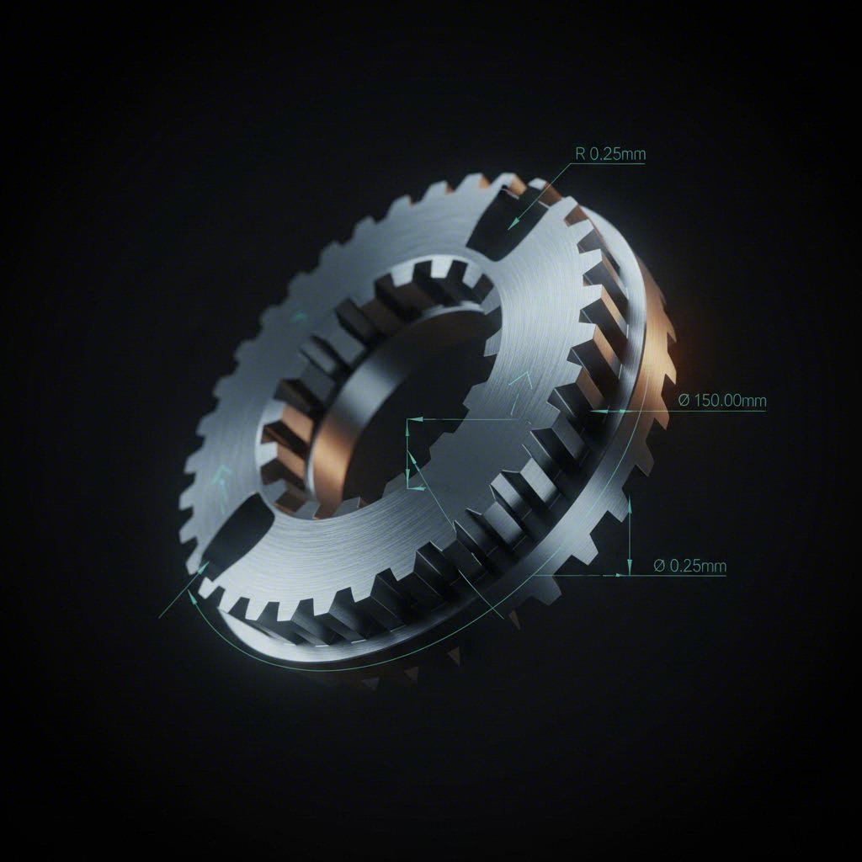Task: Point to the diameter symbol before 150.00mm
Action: [684, 400]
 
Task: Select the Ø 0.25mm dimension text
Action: [689, 566]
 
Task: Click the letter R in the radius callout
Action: [580, 154]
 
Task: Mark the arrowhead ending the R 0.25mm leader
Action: [513, 225]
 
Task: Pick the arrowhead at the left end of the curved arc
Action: [193, 597]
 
